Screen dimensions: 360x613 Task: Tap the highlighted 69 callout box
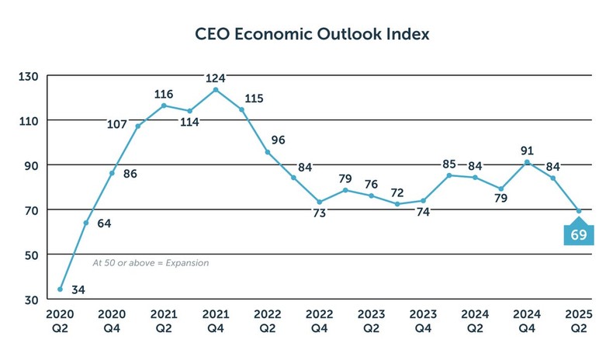click(579, 235)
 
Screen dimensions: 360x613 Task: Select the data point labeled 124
click(216, 89)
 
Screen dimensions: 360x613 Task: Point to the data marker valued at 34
click(60, 289)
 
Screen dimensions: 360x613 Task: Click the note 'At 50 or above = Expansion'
click(151, 263)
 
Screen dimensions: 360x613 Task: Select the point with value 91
click(527, 162)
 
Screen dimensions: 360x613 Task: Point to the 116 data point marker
click(164, 106)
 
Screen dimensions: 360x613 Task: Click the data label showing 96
click(278, 140)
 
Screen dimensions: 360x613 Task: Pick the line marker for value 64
click(86, 223)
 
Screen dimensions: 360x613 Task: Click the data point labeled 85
click(449, 175)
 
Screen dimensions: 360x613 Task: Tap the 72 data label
click(397, 192)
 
